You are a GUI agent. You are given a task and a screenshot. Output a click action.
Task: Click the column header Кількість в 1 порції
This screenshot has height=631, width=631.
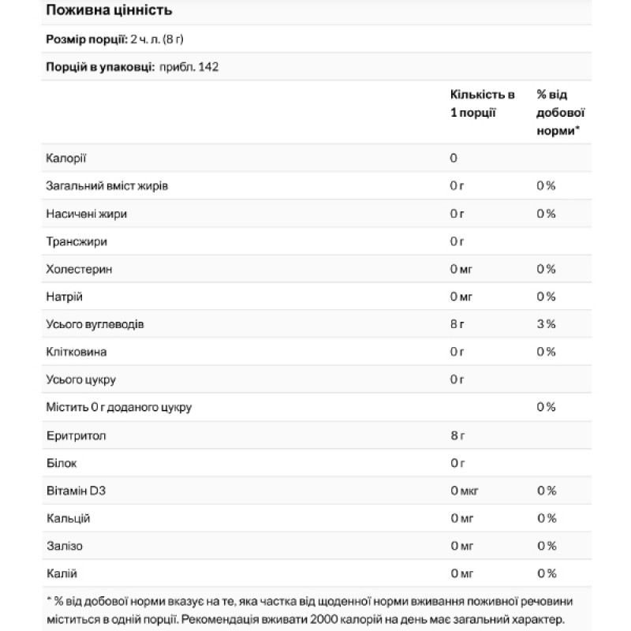pos(482,103)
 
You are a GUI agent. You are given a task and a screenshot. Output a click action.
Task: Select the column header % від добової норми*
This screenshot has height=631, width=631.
pos(560,112)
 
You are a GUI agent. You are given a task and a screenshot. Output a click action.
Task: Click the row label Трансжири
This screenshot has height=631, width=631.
pos(77,241)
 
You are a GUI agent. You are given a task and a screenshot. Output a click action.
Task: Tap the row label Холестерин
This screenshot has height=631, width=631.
pos(79,269)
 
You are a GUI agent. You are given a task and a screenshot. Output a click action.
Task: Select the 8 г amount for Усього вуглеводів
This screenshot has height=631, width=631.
pos(457,324)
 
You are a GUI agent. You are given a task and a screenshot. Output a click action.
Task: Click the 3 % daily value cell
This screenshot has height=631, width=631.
pos(546,324)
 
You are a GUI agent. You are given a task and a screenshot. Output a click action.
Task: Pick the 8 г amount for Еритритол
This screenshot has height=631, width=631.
pos(457,435)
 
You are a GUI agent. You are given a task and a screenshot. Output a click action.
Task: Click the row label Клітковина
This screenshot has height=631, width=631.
pos(77,352)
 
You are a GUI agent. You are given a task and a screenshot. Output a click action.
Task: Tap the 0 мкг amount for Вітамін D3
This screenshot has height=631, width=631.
pos(464,491)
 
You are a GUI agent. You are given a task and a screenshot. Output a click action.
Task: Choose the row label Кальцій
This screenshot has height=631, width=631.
pos(69,518)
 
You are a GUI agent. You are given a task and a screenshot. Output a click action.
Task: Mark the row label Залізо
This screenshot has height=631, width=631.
pos(65,546)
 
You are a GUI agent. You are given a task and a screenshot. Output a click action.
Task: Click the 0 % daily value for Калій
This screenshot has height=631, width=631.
pos(546,573)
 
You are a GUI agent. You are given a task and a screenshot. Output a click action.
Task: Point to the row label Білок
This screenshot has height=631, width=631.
pos(62,463)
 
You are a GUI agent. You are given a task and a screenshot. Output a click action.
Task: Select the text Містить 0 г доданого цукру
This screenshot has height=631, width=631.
pos(119,407)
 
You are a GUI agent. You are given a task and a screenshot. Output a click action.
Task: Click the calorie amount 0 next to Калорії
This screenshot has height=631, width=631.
pos(454,158)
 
